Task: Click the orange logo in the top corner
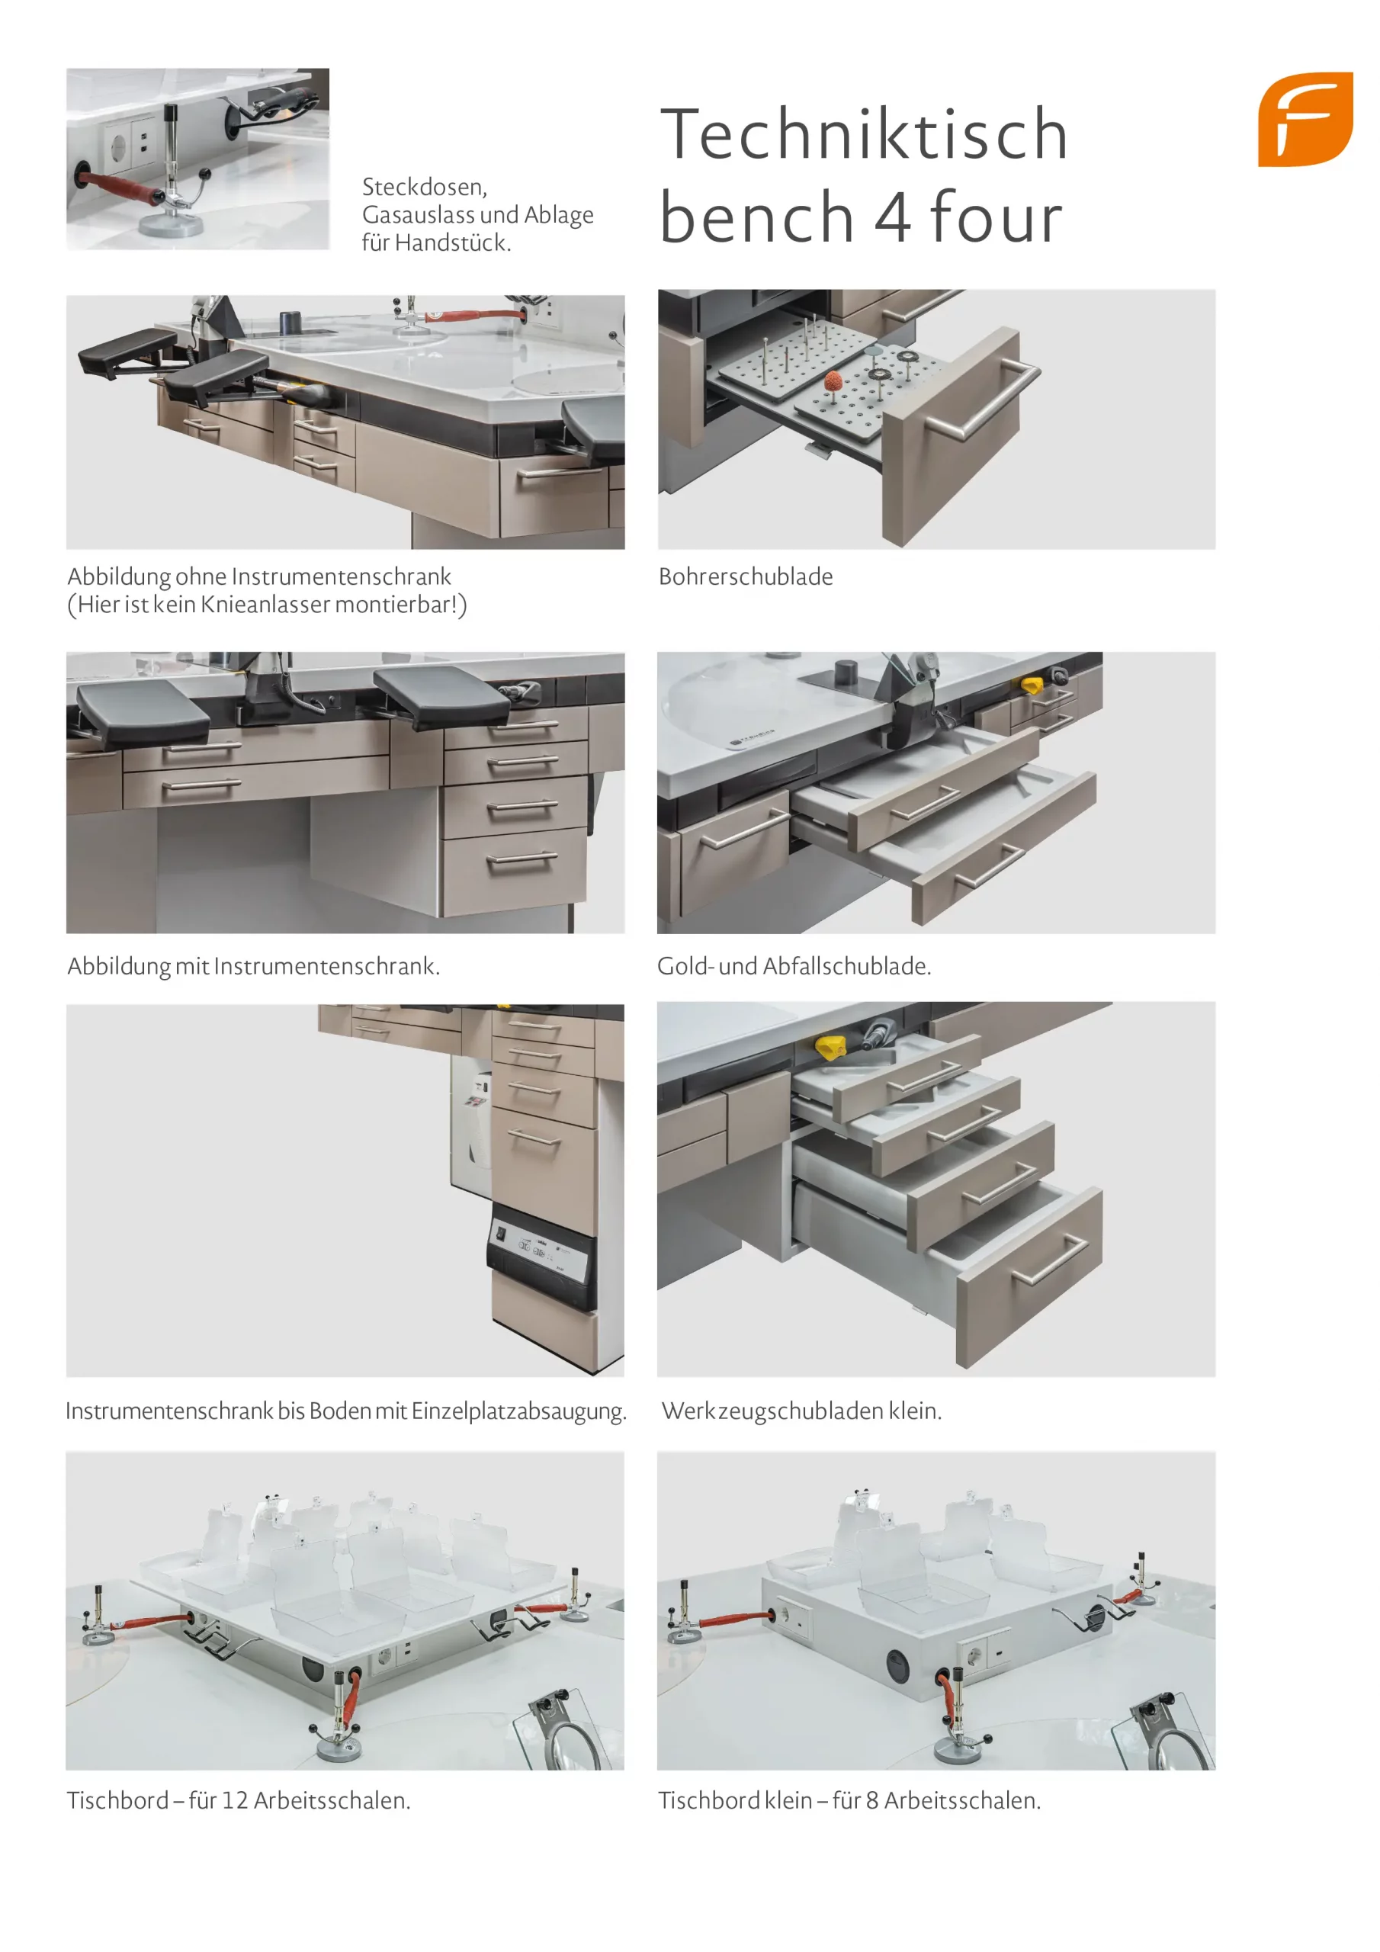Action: [x=1305, y=119]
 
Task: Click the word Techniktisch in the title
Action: [x=864, y=133]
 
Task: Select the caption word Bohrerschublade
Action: [x=746, y=576]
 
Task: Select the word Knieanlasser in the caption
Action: [x=265, y=605]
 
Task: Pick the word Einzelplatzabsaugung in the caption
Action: [x=518, y=1412]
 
